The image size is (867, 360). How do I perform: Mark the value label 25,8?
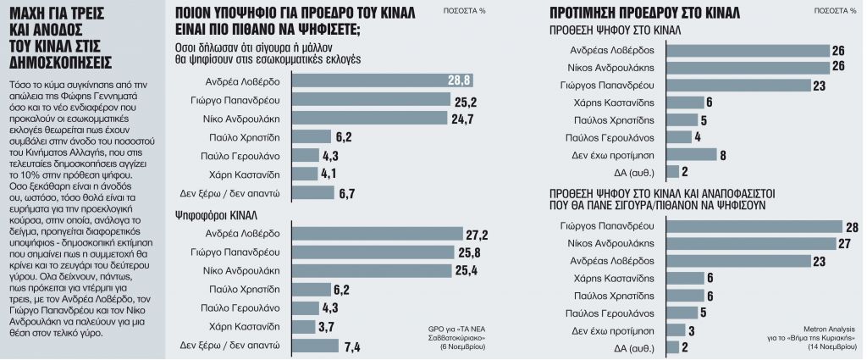(x=469, y=252)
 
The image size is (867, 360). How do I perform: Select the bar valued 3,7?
(x=303, y=327)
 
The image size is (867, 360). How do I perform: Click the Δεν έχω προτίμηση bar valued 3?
(x=676, y=330)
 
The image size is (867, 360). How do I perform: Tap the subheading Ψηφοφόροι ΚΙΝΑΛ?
(x=217, y=214)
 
